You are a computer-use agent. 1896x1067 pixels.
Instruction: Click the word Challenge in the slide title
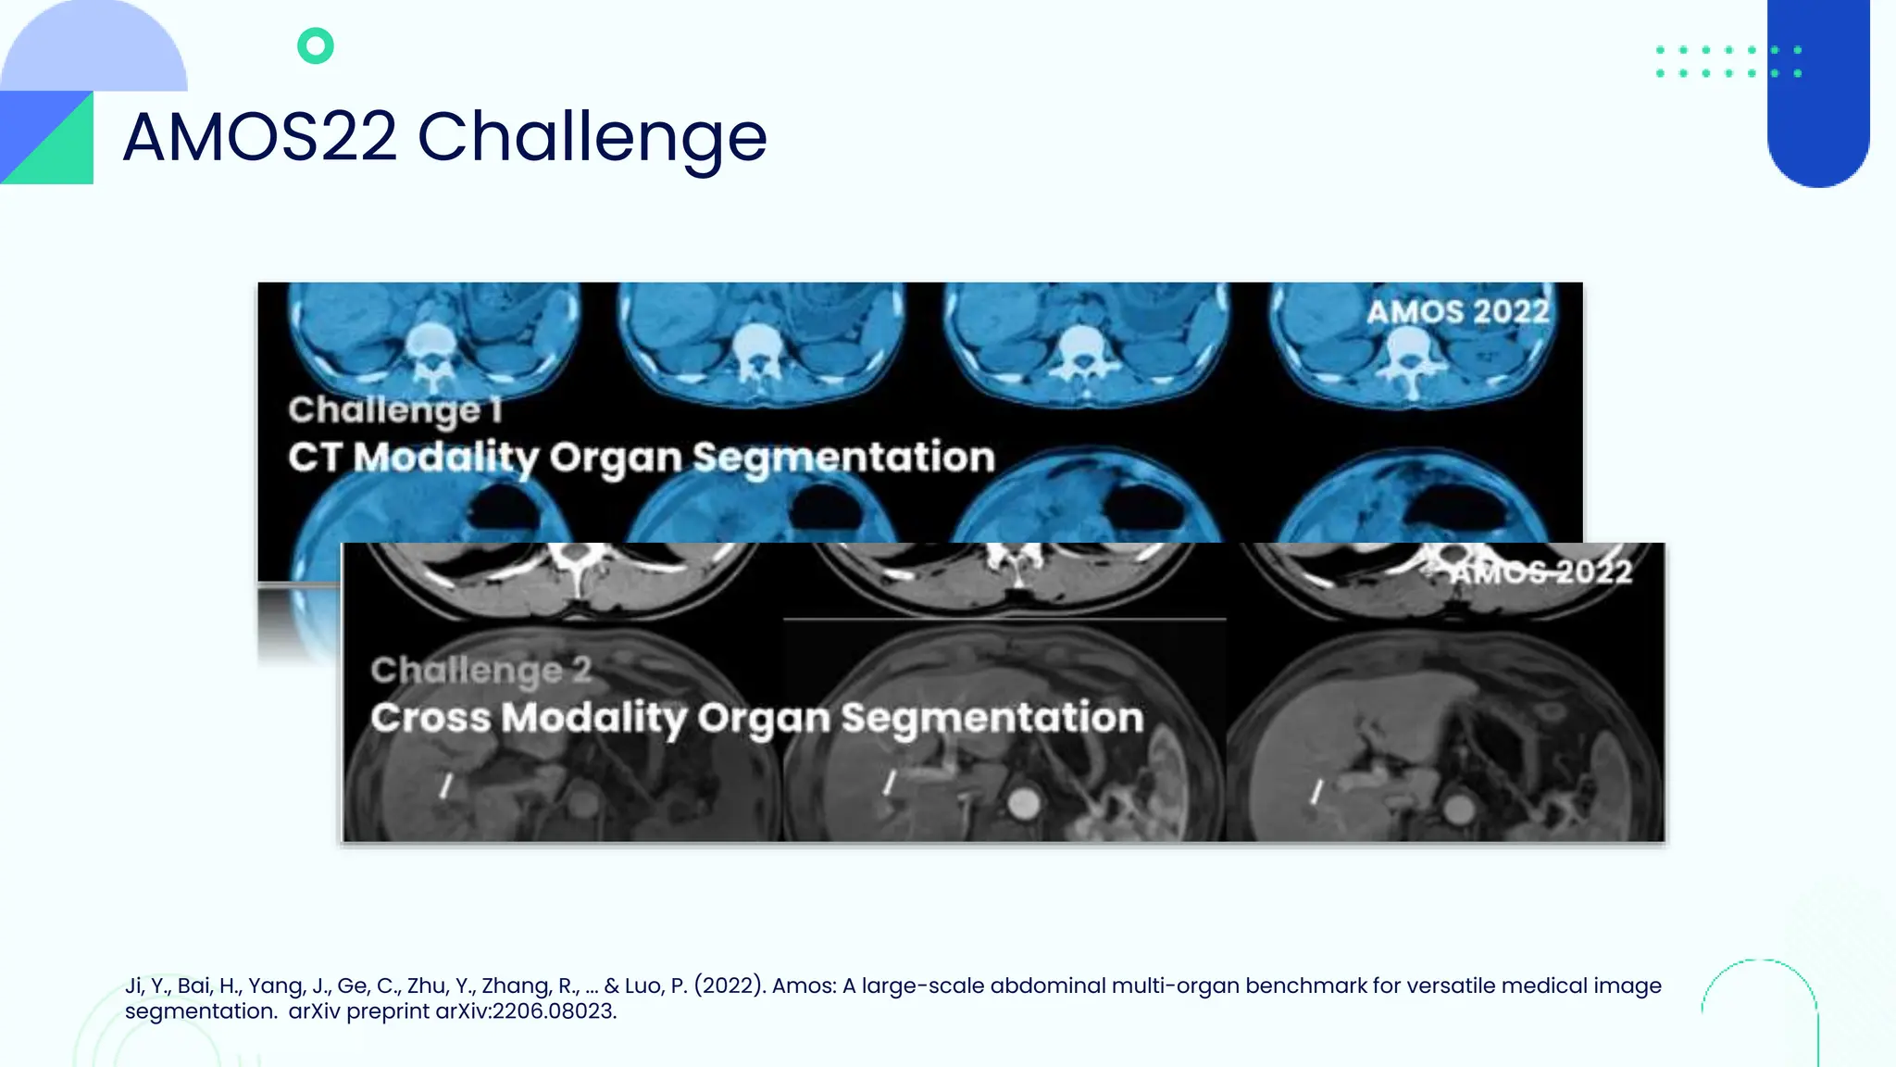(592, 137)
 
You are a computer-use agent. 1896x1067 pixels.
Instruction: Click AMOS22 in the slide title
(260, 137)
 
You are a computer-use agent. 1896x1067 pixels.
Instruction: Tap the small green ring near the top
(316, 45)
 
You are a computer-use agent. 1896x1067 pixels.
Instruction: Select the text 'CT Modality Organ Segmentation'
(641, 458)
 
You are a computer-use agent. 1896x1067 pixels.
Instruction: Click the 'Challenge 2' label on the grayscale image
(480, 670)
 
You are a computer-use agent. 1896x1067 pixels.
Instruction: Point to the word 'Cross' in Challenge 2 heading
(430, 718)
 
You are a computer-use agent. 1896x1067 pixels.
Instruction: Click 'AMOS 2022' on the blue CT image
(1457, 311)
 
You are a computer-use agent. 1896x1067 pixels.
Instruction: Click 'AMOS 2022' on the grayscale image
(1540, 571)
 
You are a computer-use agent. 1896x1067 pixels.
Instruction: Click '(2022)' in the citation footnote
(730, 985)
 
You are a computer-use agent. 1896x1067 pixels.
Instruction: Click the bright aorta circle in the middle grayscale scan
(1023, 803)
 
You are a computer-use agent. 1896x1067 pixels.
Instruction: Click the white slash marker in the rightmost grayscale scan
(1316, 790)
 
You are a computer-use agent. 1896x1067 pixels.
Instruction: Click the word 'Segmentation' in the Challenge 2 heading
(992, 718)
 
